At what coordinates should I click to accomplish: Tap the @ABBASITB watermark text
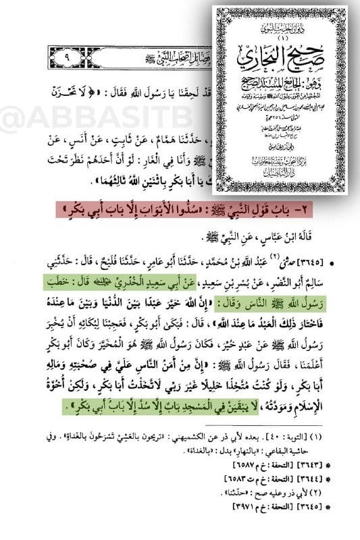coord(57,120)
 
